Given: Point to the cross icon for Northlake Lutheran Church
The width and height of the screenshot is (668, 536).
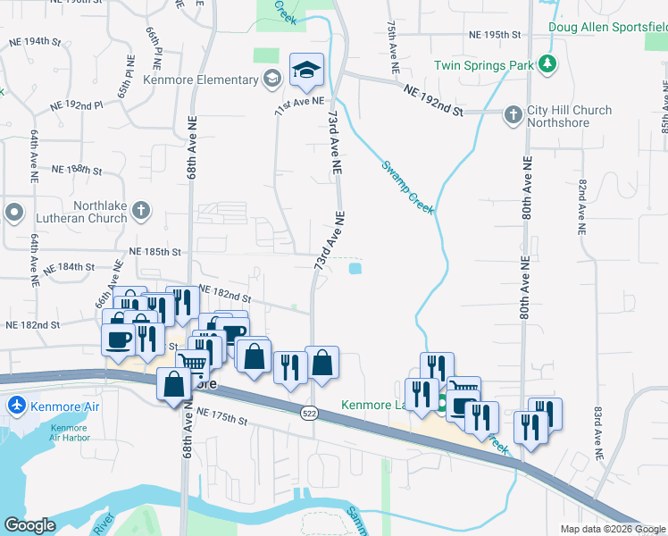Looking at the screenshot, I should coord(140,212).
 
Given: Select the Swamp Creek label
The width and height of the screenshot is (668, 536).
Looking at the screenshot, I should coord(408,187).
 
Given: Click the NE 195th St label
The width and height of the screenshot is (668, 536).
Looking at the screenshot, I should coord(494,34).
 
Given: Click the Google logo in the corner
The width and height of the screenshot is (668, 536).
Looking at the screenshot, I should coord(30,525).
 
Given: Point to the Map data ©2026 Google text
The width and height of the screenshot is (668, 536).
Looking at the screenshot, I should coord(613,529).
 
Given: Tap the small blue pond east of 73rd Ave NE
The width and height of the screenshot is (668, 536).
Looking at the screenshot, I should coord(356,267).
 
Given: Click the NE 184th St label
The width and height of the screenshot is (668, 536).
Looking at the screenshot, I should coord(69,266).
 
